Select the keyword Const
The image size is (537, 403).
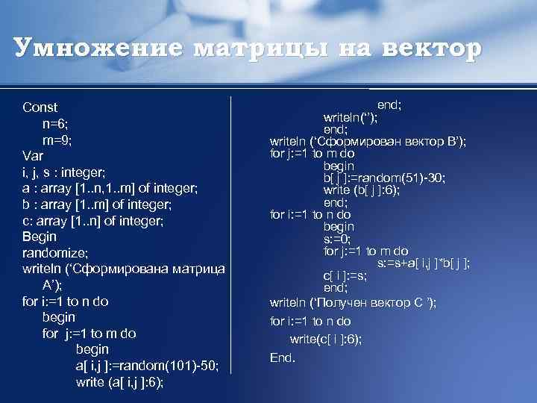[40, 107]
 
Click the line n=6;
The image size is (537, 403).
[55, 124]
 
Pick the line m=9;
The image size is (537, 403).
[57, 140]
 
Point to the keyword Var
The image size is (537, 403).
[34, 157]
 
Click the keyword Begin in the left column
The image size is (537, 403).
[40, 237]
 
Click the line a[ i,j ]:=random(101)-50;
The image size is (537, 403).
[147, 366]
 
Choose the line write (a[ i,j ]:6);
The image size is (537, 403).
[120, 382]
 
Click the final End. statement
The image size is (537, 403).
[283, 357]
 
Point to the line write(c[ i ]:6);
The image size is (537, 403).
[326, 339]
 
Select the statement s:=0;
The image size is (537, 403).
[338, 239]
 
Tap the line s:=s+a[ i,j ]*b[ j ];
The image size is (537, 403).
[424, 263]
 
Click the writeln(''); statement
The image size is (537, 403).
[350, 117]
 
